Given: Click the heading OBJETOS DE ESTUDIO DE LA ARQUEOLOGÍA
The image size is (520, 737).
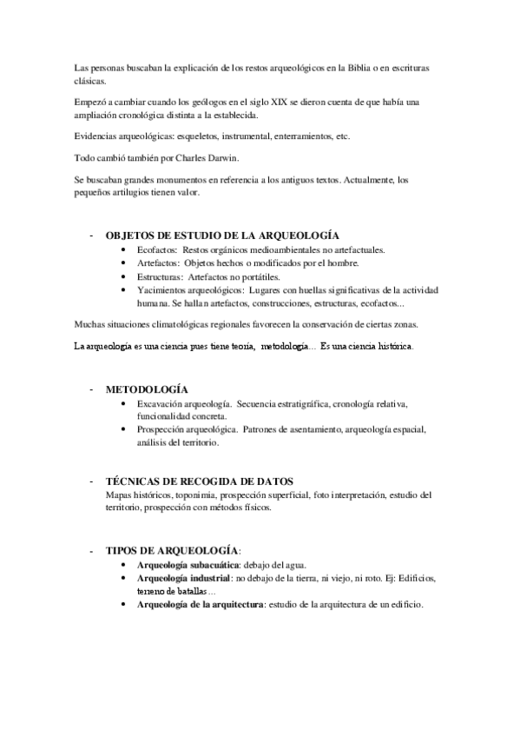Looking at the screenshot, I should pos(222,236).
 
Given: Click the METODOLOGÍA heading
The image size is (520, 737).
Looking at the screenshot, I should pos(147,389).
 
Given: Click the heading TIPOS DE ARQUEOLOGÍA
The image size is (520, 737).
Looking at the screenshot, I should pos(171,551).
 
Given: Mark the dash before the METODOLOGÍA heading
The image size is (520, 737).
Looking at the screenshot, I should pos(90,389).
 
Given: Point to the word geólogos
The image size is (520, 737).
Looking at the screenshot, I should pos(185,103).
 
